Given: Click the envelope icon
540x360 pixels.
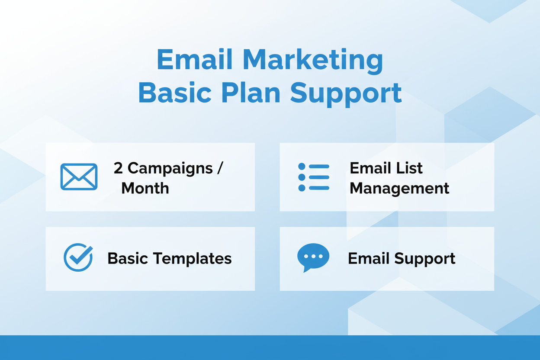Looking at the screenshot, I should pos(79,177).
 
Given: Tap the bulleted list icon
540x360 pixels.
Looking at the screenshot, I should pos(314,177).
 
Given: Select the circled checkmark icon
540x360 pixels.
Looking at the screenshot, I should pos(78,257).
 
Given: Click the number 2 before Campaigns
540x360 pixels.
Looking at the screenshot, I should pos(118,168).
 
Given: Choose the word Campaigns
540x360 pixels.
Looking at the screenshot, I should pos(170,168).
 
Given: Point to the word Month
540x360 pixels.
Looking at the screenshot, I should pos(145,188).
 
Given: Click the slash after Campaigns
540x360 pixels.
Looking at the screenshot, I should pos(220,168).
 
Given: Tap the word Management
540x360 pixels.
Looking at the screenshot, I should pos(399,188).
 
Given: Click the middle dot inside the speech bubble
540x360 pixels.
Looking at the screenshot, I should pos(313,256).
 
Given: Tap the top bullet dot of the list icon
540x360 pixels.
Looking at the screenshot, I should pos(302,166).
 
